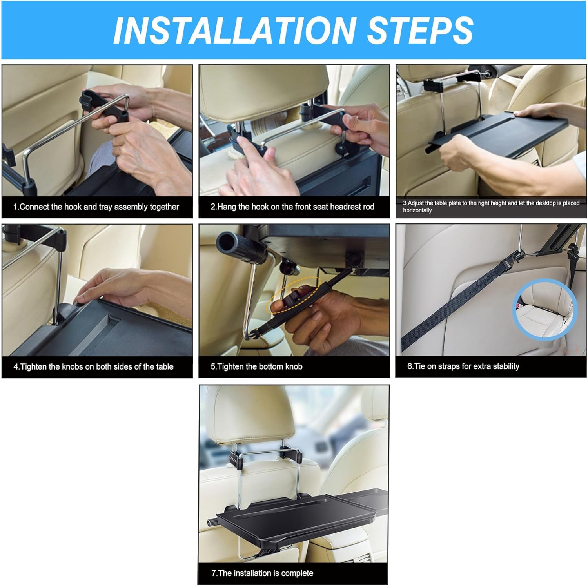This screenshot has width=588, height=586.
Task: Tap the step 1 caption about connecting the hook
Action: [96, 207]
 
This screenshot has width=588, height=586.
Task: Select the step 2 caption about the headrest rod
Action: [292, 207]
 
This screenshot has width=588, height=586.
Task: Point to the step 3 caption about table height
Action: [491, 207]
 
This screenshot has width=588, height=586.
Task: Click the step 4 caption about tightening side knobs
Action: [93, 367]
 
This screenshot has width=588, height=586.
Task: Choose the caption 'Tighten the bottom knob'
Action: [256, 367]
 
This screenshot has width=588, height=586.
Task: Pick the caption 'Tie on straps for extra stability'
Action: [463, 366]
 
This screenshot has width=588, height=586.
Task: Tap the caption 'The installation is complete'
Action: [262, 573]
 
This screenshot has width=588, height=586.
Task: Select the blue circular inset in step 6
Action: [544, 309]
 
